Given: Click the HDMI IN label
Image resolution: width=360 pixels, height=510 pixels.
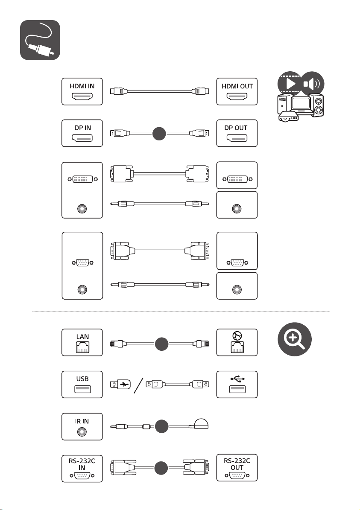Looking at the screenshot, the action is [x=82, y=86].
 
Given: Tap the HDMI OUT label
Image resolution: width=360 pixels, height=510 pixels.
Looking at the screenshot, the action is [x=237, y=86].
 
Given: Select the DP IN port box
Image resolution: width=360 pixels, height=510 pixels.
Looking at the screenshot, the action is [x=82, y=133].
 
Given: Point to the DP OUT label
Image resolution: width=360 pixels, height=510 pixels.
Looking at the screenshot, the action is [x=236, y=128].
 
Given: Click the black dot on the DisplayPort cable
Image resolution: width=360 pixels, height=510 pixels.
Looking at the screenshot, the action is [x=159, y=134].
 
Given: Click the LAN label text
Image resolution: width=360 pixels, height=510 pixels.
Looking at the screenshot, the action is [x=82, y=337].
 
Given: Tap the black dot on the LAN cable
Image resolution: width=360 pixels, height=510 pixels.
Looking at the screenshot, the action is [x=161, y=344].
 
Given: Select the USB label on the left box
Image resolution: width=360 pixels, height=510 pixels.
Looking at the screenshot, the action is [x=82, y=379].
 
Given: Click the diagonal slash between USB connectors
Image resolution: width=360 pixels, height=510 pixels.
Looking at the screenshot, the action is [x=138, y=385].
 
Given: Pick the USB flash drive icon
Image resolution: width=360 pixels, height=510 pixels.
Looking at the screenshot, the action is [x=120, y=385].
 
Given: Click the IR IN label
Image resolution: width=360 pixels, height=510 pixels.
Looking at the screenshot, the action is [x=82, y=421].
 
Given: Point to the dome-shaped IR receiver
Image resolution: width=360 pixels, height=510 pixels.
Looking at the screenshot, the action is [x=201, y=423].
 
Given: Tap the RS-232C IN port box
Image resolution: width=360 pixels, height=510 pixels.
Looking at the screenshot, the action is [x=82, y=468].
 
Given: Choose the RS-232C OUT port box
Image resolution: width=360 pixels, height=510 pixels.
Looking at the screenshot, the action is [x=237, y=468].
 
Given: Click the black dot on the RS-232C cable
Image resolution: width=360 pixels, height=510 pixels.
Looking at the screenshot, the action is [x=161, y=468].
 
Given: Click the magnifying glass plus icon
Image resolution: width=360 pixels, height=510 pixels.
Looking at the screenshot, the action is [x=295, y=339].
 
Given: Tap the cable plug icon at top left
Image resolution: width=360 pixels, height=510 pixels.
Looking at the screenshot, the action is [x=40, y=40].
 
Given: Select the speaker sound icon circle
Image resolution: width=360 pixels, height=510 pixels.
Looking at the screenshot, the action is [x=312, y=84].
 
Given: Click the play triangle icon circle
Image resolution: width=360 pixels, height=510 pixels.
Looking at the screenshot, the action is [x=290, y=84].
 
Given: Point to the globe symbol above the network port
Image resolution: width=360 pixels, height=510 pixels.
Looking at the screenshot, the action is [x=237, y=336].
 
